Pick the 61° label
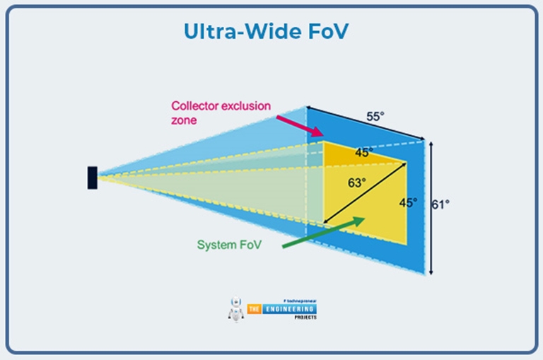pos(441,204)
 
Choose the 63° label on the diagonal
pos(358,182)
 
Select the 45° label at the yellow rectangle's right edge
pos(408,202)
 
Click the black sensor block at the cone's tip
pos(93,178)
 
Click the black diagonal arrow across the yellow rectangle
pos(364,193)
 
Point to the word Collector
pos(193,106)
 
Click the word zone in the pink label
pos(183,120)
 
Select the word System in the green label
pos(216,245)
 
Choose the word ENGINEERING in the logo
pos(290,308)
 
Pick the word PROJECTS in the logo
pos(301,317)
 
